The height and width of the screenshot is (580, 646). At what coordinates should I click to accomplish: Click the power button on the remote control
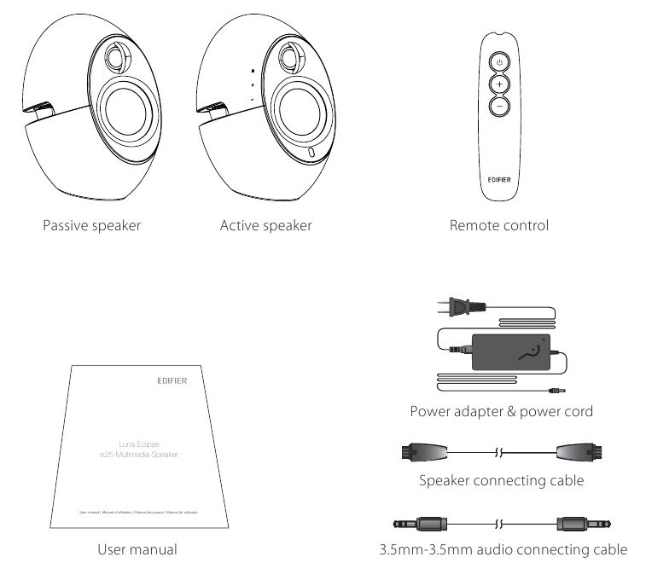pos(498,62)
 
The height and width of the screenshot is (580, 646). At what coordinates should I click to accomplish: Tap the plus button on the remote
pos(498,84)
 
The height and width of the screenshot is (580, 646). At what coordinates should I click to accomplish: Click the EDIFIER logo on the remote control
pos(498,158)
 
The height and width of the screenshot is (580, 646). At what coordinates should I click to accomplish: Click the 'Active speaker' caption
pos(265,226)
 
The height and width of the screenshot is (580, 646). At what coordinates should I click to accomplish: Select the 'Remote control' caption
pos(498,226)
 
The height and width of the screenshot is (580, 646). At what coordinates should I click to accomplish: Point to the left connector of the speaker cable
pos(418,452)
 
